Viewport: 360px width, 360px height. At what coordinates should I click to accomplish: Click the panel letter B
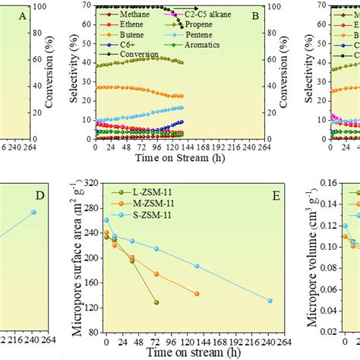254,16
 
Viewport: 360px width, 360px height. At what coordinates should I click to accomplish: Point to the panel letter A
21,16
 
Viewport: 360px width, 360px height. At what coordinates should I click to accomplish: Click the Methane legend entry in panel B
125,14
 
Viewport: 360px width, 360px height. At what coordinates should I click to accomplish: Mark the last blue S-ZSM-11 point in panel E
270,301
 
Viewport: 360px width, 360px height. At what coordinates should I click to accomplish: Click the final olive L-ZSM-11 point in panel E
156,302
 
